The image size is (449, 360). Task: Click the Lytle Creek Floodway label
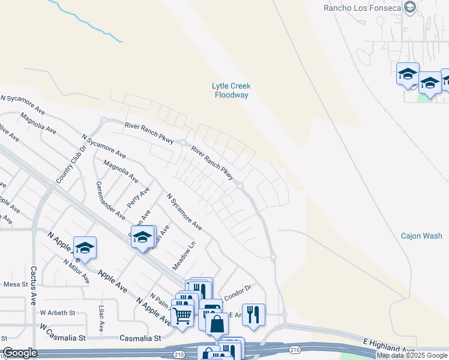(232, 91)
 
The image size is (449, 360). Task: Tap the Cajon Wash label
(421, 236)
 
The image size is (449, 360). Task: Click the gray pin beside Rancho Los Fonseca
(411, 7)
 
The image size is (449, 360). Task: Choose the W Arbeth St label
(58, 313)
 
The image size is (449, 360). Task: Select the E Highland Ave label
(389, 344)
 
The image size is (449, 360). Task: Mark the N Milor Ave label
(76, 271)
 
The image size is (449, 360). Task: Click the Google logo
(20, 353)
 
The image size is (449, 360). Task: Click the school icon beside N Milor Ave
(85, 247)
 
